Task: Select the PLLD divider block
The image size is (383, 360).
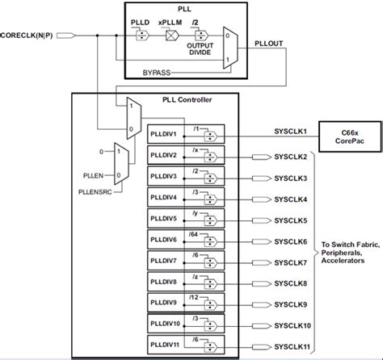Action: click(140, 35)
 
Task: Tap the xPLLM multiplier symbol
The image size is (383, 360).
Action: click(170, 35)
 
